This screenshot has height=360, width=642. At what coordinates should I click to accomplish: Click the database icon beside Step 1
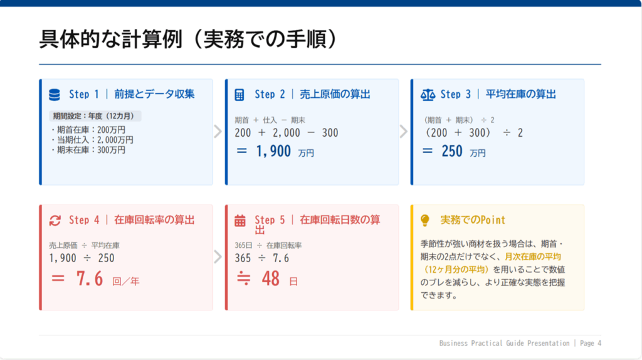click(x=55, y=95)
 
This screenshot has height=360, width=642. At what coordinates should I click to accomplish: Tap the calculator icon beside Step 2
click(x=239, y=95)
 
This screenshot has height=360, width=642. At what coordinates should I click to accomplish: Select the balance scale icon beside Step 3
click(x=428, y=95)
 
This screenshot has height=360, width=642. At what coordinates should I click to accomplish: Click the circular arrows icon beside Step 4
click(x=55, y=220)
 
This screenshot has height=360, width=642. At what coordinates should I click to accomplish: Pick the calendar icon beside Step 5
click(x=239, y=220)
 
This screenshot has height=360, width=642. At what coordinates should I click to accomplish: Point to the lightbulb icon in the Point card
click(x=425, y=220)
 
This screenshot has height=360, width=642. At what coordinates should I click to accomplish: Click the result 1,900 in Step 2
click(x=273, y=151)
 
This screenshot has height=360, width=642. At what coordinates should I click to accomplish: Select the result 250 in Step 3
click(x=452, y=151)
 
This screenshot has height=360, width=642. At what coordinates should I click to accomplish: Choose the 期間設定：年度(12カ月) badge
click(x=95, y=116)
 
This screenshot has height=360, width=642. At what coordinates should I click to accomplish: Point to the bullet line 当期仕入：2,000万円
click(x=92, y=140)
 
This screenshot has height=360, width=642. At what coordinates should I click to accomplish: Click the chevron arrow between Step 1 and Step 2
click(x=218, y=132)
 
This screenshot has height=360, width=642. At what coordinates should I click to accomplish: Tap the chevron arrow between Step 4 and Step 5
click(x=218, y=257)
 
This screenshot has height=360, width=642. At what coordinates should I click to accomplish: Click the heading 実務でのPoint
click(x=473, y=220)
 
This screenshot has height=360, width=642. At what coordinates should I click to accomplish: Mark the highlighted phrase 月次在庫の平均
click(x=532, y=257)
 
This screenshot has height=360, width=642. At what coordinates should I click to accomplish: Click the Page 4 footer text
click(x=591, y=343)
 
